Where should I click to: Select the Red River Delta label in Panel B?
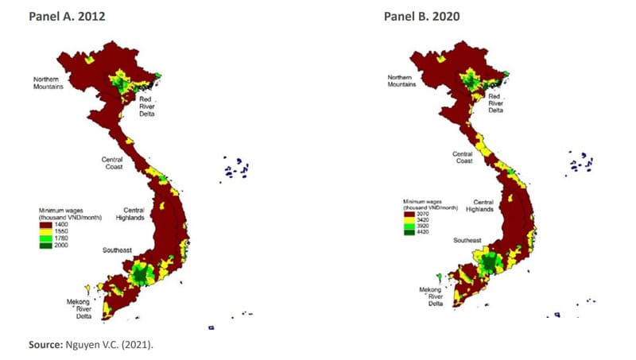495,102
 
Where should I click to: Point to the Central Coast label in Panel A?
117,163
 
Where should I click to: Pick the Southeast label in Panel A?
116,250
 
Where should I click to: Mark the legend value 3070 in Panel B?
422,213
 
